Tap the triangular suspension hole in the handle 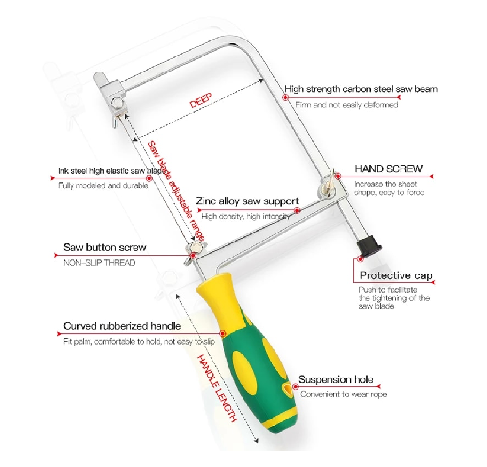[x=287, y=389]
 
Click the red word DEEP [x=201, y=100]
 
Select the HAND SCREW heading [x=389, y=169]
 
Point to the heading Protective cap [x=396, y=275]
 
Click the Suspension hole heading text [x=336, y=379]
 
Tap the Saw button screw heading [x=105, y=247]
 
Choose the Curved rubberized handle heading [x=122, y=326]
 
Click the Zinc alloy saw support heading [x=248, y=201]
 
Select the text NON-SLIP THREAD [x=99, y=263]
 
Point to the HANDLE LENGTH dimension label [x=217, y=388]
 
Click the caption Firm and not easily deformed [x=346, y=105]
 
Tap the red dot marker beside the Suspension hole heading [x=295, y=386]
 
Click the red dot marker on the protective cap [x=360, y=258]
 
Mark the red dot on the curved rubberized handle [x=222, y=333]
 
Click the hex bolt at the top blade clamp [x=118, y=102]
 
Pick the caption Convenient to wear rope [x=344, y=395]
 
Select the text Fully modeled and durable [x=103, y=186]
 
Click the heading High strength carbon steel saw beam [x=361, y=89]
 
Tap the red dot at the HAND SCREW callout [x=338, y=177]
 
